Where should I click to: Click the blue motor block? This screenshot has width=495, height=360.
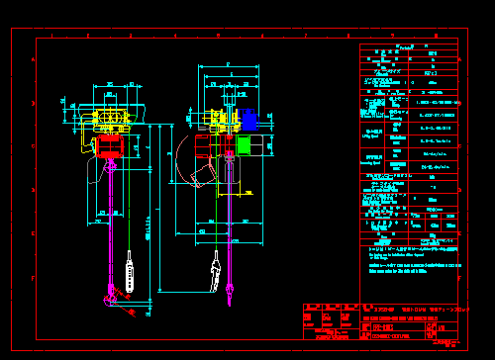click(x=249, y=119)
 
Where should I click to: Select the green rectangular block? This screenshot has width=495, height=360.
click(x=244, y=144)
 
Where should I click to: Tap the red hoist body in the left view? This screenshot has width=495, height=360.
click(x=109, y=146)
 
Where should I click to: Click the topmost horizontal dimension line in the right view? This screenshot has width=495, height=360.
click(x=228, y=65)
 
